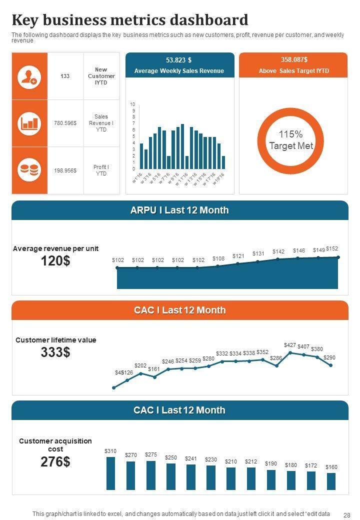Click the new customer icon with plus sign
29,76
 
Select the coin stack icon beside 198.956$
29,170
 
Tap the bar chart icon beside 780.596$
29,123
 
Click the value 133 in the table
65,76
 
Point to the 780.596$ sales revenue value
65,123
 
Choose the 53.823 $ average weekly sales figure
179,60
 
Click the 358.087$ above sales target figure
293,60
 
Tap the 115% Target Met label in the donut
291,140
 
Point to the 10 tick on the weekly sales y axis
132,104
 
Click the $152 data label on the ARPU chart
332,248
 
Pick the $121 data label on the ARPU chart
238,256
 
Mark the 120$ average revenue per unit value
55,261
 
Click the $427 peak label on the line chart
290,345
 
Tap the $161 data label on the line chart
153,369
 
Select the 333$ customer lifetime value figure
55,352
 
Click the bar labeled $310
110,473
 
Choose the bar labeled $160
331,481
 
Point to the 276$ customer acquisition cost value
55,461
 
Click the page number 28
347,514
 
